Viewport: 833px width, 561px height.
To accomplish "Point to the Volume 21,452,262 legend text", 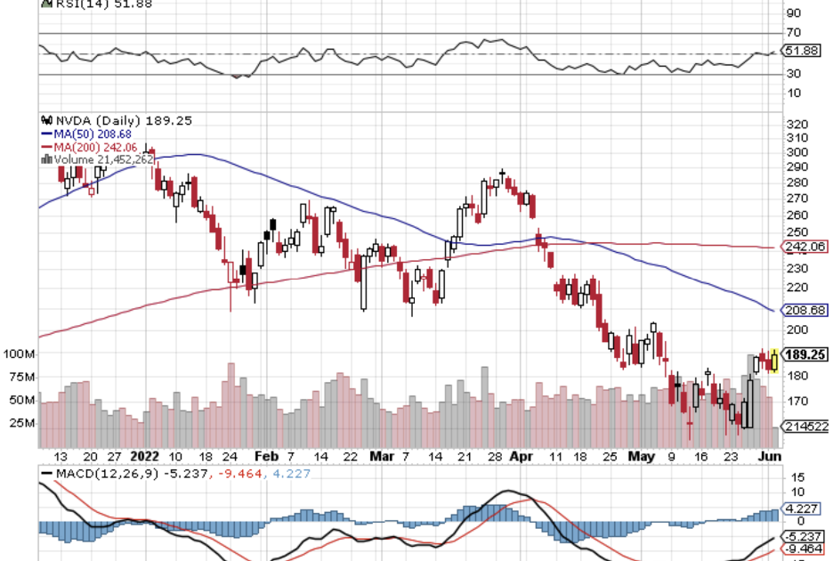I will point(101,159).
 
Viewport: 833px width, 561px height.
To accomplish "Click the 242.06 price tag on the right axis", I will point(805,247).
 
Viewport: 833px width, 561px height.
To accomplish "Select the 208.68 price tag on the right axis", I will point(805,310).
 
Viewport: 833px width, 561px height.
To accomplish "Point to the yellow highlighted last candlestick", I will point(775,360).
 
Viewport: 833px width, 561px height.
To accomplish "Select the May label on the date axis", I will point(641,455).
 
